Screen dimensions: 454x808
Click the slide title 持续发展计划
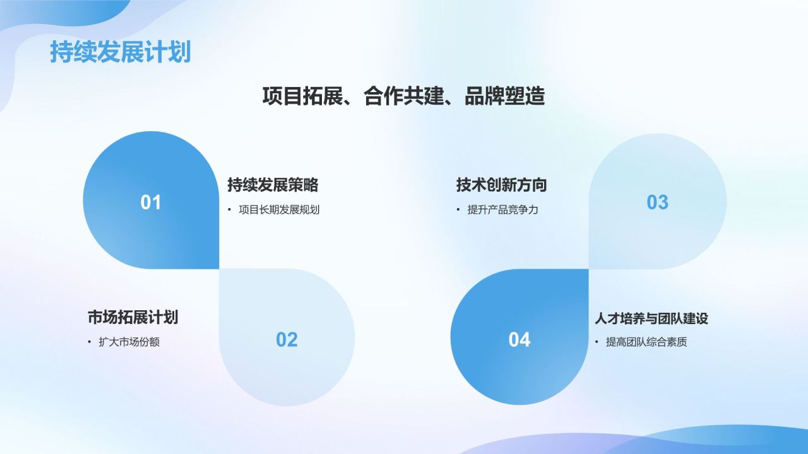pos(120,52)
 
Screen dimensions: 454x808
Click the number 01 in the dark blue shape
pos(151,202)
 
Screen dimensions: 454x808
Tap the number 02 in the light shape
pos(287,340)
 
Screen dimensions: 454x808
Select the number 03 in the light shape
pos(657,202)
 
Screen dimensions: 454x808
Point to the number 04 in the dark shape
pos(520,340)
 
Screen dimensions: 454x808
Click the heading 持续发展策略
pos(273,185)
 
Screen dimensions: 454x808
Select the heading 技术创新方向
pos(501,185)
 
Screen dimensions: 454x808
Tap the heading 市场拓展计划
pos(133,317)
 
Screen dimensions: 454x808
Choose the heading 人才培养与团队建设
pos(651,318)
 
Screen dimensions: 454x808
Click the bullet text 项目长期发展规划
pos(279,210)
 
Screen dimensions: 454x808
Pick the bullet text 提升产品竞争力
pos(502,210)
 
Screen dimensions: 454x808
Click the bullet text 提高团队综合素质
pos(646,342)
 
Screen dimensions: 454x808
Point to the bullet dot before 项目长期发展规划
pos(229,210)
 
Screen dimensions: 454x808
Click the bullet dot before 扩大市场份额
pos(90,342)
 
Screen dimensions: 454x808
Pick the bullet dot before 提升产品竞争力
pos(458,210)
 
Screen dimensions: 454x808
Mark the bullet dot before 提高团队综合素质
pos(597,342)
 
